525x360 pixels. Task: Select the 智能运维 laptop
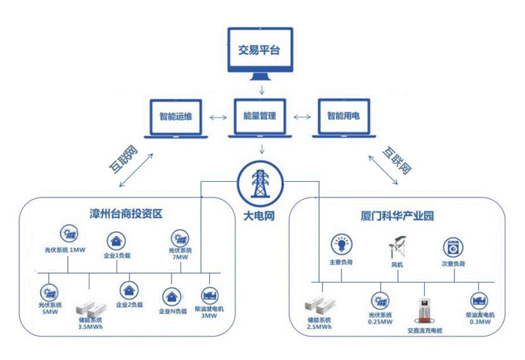175,118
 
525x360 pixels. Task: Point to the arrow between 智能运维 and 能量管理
217,118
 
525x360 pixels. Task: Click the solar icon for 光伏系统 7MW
181,237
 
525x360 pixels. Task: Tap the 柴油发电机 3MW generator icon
210,292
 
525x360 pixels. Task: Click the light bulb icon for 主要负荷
340,245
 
